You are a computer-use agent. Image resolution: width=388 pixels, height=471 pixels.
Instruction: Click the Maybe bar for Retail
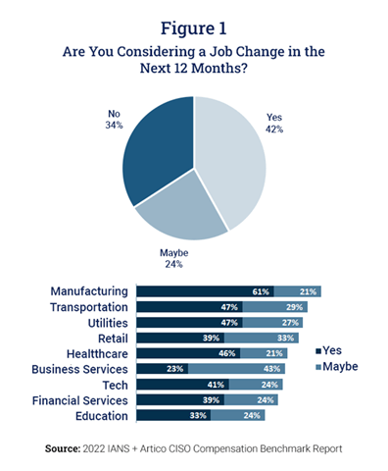(257, 338)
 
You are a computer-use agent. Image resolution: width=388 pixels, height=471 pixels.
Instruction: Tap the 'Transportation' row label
(84, 306)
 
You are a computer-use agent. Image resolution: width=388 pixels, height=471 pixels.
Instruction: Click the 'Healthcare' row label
(92, 352)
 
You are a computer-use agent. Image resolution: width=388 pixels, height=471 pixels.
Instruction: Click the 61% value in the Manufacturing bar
(262, 291)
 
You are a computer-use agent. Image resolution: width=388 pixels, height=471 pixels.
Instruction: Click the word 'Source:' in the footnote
(68, 447)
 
